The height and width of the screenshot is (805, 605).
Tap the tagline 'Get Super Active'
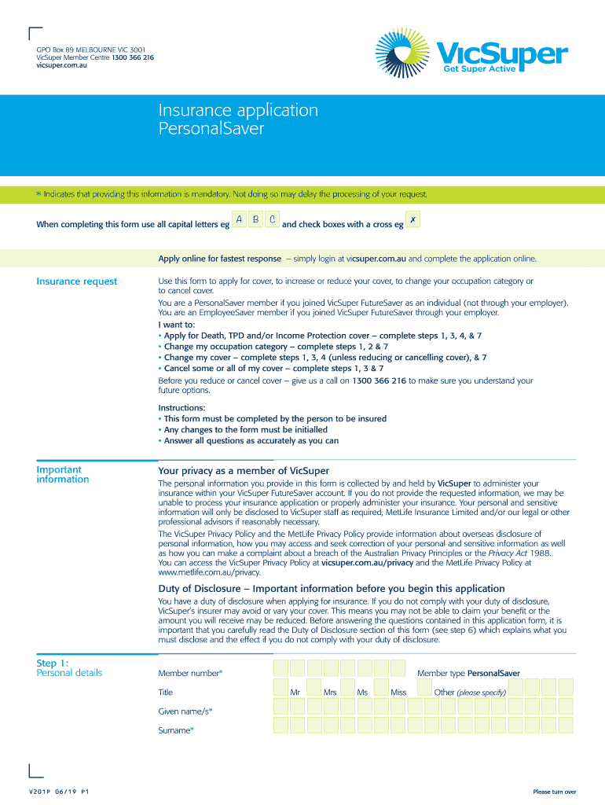[478, 68]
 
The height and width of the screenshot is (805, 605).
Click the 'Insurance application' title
[238, 111]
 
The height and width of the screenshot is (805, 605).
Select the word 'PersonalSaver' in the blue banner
[211, 129]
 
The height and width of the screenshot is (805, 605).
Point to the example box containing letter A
[238, 220]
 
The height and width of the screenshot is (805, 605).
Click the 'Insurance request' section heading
[77, 281]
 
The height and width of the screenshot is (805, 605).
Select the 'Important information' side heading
[63, 475]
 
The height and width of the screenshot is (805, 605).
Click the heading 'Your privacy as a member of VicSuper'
[244, 471]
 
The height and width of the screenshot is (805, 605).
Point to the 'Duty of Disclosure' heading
[331, 589]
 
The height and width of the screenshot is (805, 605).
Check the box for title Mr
[280, 687]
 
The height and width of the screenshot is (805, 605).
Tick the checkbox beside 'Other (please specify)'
[424, 687]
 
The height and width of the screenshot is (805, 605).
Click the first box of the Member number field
[280, 668]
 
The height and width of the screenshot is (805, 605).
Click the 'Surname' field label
[176, 730]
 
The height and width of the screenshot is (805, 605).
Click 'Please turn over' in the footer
[554, 792]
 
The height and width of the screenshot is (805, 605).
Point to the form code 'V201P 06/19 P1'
[59, 792]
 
